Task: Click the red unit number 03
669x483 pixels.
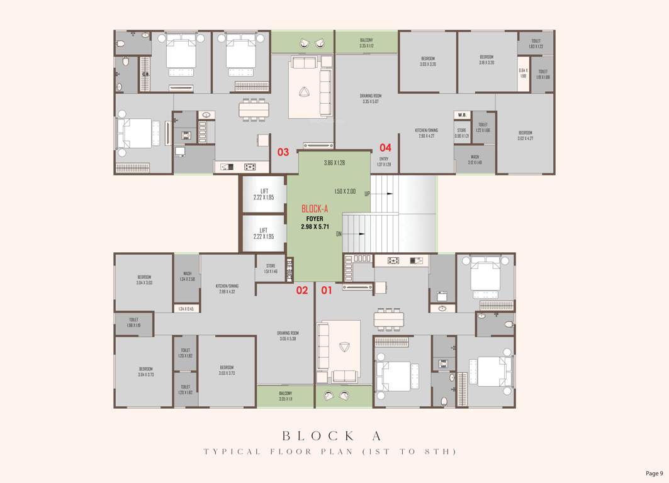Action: point(283,152)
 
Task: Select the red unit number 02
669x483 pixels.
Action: point(302,290)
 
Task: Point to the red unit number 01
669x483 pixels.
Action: point(327,290)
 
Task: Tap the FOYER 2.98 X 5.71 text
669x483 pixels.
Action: point(315,223)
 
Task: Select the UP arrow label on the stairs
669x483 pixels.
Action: point(367,194)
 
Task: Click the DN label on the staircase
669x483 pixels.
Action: point(339,233)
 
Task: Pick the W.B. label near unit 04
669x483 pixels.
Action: point(462,115)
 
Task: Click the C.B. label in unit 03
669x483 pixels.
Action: point(145,74)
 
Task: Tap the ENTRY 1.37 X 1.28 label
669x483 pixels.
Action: point(384,162)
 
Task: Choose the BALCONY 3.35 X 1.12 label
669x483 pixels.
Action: point(366,43)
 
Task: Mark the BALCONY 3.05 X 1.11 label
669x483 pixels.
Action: point(286,396)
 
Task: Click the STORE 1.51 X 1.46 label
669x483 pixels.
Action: point(271,268)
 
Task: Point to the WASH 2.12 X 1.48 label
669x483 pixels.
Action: point(475,160)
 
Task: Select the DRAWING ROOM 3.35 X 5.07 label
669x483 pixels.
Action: point(371,99)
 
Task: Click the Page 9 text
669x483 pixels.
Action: point(654,474)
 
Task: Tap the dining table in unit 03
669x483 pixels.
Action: point(253,110)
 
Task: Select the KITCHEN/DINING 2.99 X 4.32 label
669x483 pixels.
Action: point(227,288)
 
